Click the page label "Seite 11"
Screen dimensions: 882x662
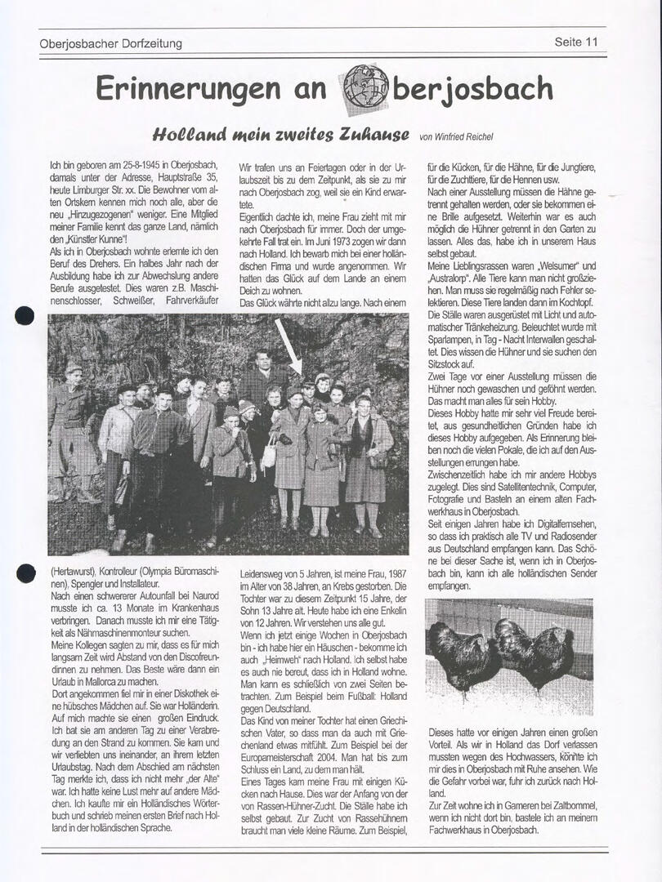click(576, 42)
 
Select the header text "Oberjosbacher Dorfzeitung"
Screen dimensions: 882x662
click(110, 43)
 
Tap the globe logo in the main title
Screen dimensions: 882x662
click(365, 87)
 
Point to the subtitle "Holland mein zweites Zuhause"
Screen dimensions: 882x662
click(280, 134)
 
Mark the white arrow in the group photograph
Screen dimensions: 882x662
click(288, 345)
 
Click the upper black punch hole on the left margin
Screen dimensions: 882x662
click(25, 316)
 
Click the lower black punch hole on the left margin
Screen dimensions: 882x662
click(25, 572)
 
